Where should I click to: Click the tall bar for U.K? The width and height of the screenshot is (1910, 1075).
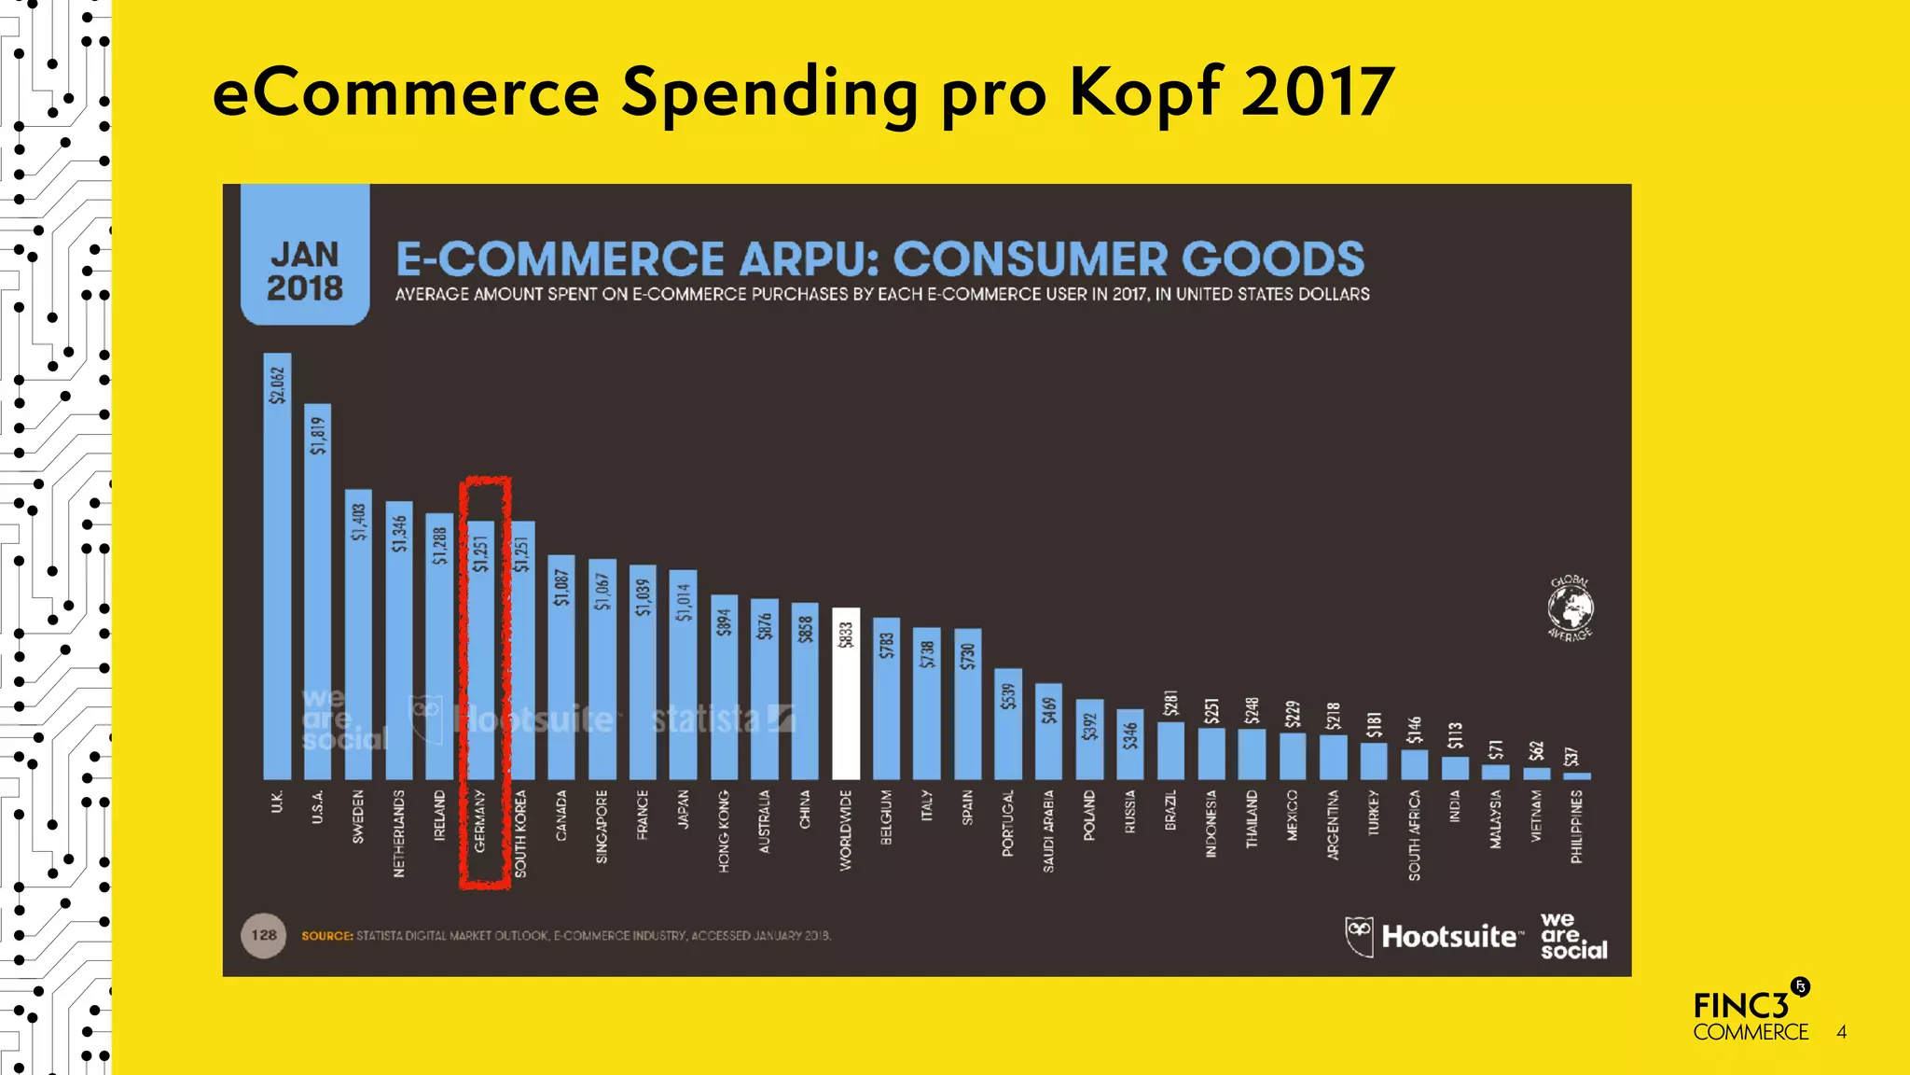pos(277,579)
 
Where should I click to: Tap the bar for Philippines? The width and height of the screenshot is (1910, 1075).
pos(1577,775)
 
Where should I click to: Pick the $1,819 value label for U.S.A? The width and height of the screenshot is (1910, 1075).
pos(318,436)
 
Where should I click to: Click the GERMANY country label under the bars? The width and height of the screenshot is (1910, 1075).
pos(480,821)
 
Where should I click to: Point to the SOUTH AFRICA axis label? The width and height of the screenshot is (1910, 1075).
pos(1415,835)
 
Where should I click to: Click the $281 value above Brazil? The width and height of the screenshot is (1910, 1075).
pos(1171,704)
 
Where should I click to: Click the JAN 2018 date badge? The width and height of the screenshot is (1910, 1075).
pos(305,271)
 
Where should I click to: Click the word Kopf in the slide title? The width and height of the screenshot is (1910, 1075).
pos(1145,93)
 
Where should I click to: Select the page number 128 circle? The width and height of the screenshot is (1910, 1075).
pos(264,935)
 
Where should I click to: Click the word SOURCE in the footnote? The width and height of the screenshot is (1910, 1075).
pos(326,936)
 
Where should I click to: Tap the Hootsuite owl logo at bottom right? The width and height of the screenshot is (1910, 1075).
pos(1359,936)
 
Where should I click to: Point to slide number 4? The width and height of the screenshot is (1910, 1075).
pos(1841,1032)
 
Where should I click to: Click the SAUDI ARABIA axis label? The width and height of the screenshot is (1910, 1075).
pos(1049,831)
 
